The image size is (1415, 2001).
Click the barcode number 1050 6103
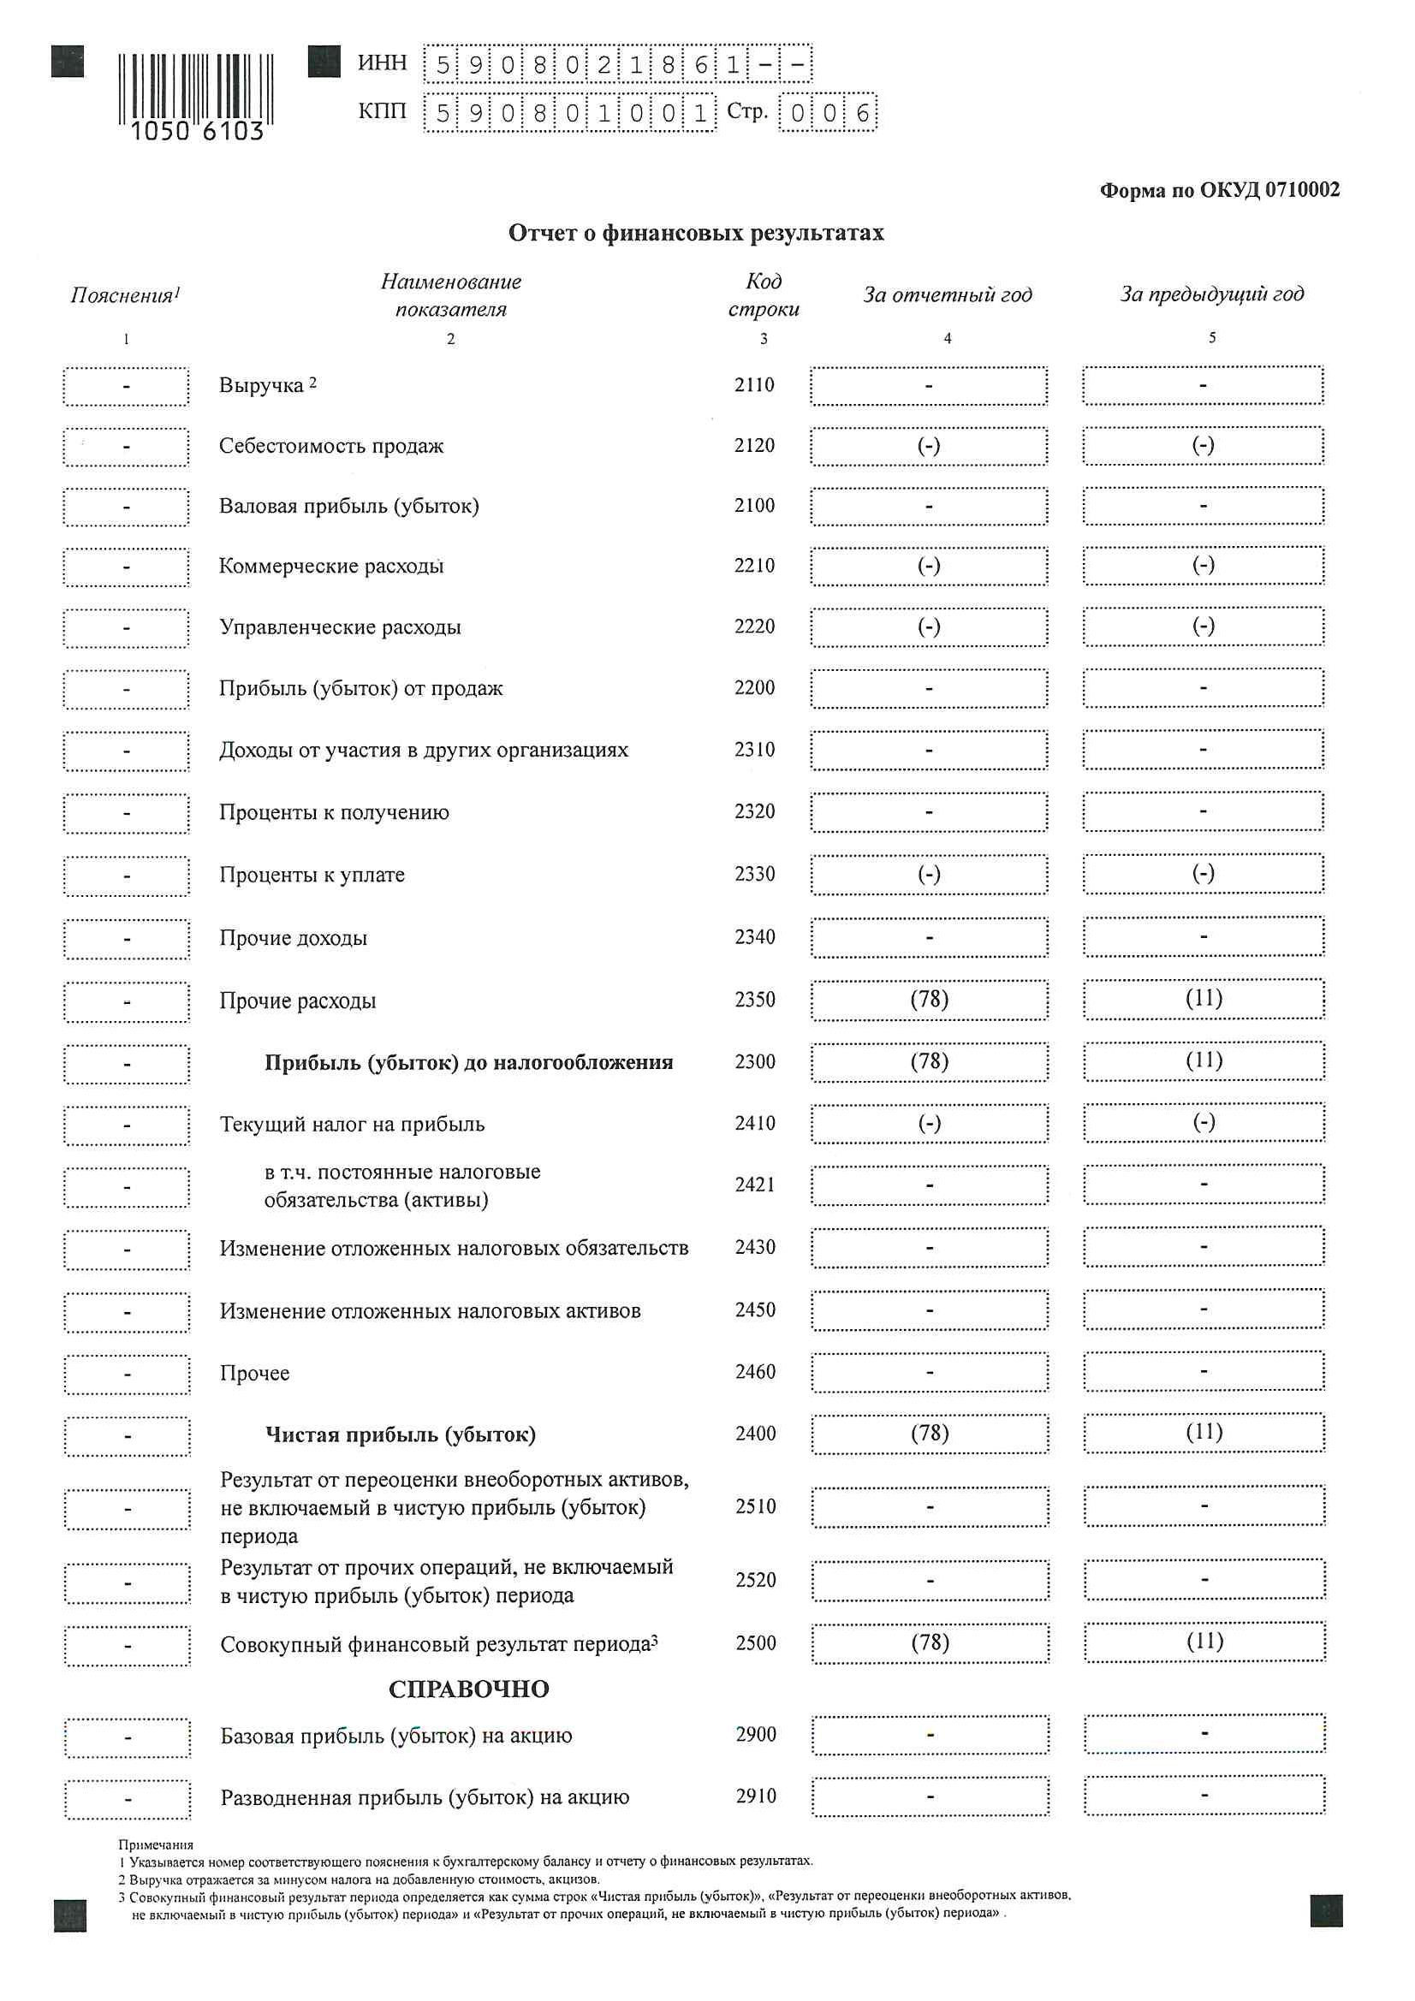196,131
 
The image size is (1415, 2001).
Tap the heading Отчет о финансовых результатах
696,234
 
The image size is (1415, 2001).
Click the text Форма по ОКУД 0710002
1219,190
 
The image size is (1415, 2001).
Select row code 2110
754,385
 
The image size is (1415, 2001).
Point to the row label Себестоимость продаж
331,446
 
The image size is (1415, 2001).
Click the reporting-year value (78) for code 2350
930,1000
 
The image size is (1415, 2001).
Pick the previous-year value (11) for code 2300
1204,1060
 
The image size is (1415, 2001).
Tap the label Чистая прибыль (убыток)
400,1434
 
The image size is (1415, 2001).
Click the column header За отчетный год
947,294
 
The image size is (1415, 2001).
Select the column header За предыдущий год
1212,294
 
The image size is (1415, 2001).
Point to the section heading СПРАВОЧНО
468,1689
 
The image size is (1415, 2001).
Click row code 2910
755,1796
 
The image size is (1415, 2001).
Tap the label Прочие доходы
293,939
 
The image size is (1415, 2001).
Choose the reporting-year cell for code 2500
930,1642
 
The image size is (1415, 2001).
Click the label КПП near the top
382,111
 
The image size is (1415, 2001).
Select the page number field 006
828,112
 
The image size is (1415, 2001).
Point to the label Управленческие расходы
340,627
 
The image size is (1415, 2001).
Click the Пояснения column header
125,295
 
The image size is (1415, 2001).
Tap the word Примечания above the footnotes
155,1845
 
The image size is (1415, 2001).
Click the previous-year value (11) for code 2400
1204,1433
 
